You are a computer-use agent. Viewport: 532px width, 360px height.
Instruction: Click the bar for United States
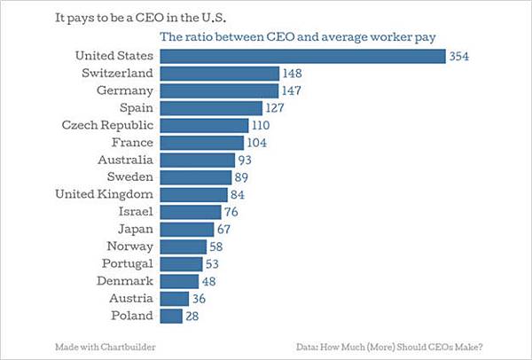[x=301, y=56]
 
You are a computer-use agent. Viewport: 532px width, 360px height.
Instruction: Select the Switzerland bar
[x=219, y=73]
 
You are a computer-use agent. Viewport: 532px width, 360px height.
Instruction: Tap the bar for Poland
[x=171, y=316]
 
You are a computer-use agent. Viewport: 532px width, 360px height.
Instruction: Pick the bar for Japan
[x=186, y=229]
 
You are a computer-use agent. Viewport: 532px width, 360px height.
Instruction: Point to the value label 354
[x=458, y=57]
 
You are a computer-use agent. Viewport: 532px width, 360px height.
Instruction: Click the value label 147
[x=293, y=90]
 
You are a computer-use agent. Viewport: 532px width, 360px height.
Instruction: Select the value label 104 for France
[x=257, y=143]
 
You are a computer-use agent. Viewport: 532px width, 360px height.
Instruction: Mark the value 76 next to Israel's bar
[x=232, y=212]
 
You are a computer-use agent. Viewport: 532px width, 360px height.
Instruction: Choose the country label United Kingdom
[x=105, y=194]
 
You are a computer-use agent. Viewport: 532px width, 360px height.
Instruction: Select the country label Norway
[x=129, y=247]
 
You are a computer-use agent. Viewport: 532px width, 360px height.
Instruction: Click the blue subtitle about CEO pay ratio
[x=300, y=37]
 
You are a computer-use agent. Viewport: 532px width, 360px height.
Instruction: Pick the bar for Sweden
[x=196, y=177]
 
